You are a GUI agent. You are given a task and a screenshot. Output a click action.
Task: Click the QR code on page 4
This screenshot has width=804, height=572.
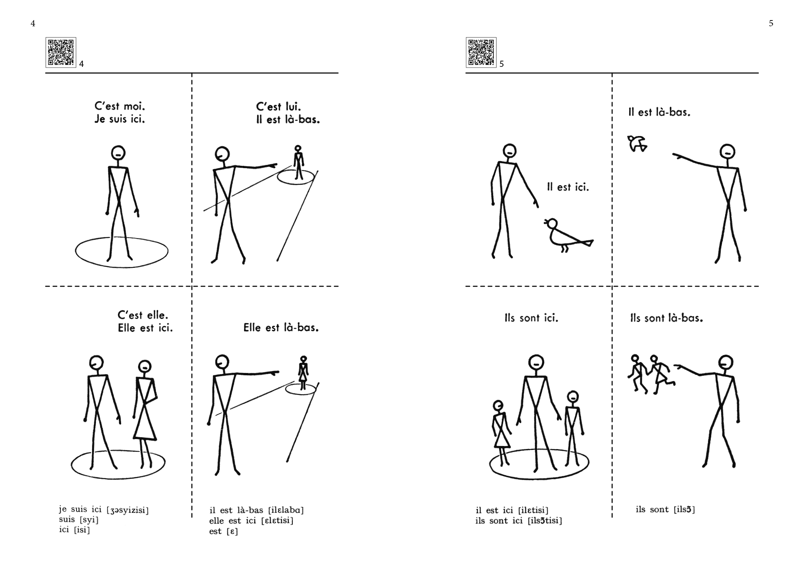[61, 52]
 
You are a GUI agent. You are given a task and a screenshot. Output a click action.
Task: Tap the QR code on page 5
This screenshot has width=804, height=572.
[481, 52]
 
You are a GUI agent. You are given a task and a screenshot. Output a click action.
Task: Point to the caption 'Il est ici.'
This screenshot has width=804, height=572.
[568, 187]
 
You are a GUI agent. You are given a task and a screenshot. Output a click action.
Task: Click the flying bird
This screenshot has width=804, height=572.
[637, 143]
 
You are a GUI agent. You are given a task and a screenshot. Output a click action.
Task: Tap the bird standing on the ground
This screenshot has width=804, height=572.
[568, 236]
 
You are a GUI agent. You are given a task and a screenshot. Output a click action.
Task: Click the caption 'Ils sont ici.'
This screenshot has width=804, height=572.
[531, 318]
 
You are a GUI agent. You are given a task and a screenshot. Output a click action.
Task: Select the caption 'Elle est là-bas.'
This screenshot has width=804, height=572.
[281, 328]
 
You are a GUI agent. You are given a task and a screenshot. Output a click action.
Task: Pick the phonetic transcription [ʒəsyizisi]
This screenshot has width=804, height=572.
[128, 511]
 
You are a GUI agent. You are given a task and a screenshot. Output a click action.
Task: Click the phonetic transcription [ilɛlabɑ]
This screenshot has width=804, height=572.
[286, 510]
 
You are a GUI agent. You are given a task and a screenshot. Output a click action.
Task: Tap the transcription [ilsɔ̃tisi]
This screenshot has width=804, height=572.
[545, 521]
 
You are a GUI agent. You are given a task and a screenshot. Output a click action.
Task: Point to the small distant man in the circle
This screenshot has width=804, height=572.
[298, 162]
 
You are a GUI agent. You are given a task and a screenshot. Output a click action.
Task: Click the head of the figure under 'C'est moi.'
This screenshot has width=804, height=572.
[118, 152]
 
